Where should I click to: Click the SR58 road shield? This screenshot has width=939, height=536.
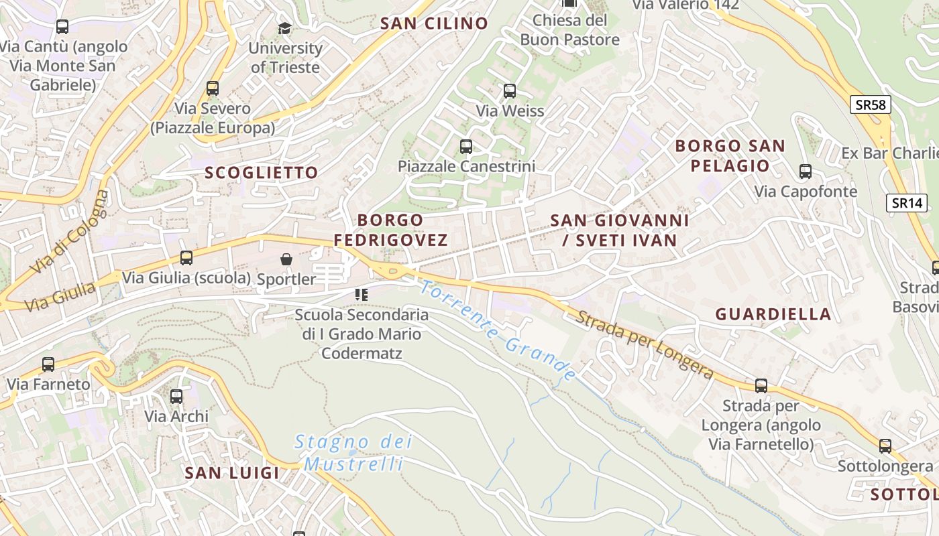pyautogui.click(x=871, y=105)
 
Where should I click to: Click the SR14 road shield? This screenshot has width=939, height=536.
pyautogui.click(x=907, y=203)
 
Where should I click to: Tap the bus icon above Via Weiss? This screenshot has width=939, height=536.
pyautogui.click(x=510, y=90)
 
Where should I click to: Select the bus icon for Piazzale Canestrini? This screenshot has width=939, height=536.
pyautogui.click(x=466, y=146)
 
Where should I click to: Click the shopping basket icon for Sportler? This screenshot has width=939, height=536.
pyautogui.click(x=286, y=259)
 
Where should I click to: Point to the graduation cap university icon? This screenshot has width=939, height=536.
pyautogui.click(x=285, y=28)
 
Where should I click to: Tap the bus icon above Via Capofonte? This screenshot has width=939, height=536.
pyautogui.click(x=806, y=172)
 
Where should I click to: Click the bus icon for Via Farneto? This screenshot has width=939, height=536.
pyautogui.click(x=48, y=364)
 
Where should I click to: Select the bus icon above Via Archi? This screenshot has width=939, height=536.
pyautogui.click(x=176, y=397)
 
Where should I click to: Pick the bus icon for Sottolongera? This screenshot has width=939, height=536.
pyautogui.click(x=885, y=446)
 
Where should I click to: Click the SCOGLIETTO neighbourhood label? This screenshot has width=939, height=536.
pyautogui.click(x=262, y=173)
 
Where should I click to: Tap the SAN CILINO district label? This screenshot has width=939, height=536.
pyautogui.click(x=434, y=23)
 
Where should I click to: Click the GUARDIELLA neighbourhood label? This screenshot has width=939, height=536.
pyautogui.click(x=773, y=314)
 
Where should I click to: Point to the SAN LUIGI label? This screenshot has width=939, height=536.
pyautogui.click(x=232, y=473)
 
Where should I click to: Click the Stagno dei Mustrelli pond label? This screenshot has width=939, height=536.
pyautogui.click(x=353, y=453)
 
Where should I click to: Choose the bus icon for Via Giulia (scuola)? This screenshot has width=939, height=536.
pyautogui.click(x=186, y=257)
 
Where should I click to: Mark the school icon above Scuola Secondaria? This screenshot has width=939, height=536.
pyautogui.click(x=362, y=294)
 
